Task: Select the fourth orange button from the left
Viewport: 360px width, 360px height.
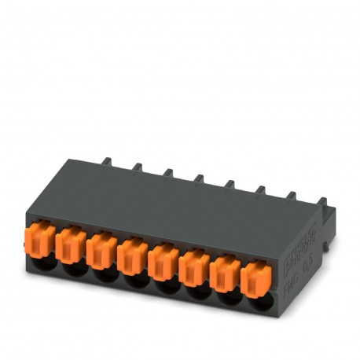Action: (131, 253)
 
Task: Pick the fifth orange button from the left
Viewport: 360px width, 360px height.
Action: (162, 259)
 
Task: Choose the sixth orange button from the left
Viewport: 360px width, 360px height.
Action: (193, 266)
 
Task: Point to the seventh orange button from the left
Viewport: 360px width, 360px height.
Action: (223, 272)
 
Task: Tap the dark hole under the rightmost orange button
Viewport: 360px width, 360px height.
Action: (256, 303)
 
